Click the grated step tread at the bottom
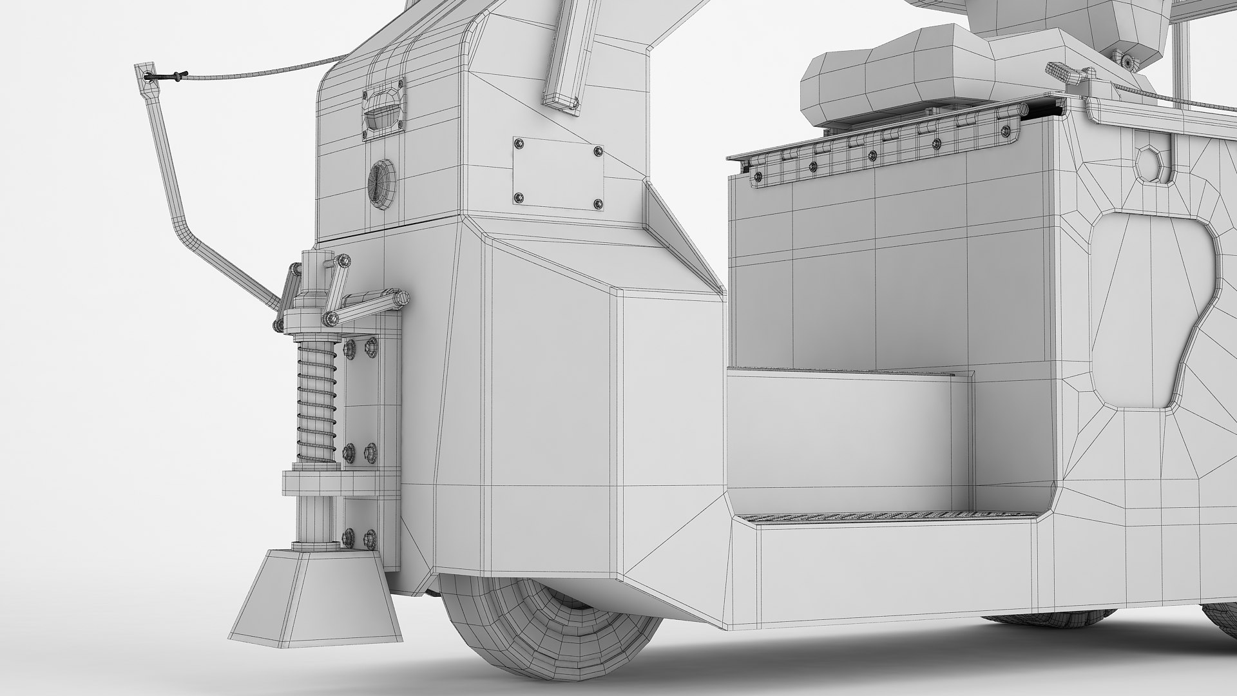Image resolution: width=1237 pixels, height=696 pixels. pyautogui.click(x=863, y=515)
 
